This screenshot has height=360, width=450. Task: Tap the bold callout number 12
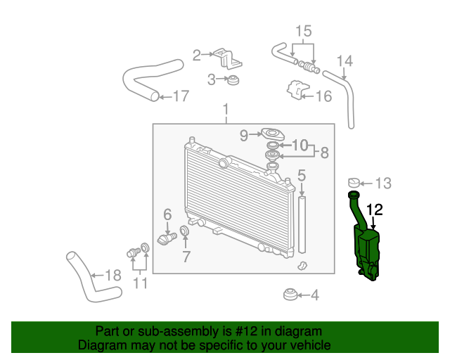(x=375, y=210)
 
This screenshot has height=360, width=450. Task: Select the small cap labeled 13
(x=354, y=183)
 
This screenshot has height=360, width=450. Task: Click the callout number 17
(x=181, y=96)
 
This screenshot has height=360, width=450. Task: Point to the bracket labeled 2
(x=228, y=58)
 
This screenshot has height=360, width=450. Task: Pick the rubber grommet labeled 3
(x=233, y=79)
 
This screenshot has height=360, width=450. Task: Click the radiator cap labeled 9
(x=272, y=134)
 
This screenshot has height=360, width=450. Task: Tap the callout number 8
(x=324, y=153)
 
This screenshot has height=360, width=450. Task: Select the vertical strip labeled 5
(x=302, y=224)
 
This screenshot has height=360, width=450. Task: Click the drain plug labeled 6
(x=167, y=239)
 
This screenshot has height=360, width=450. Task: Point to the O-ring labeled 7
(x=184, y=230)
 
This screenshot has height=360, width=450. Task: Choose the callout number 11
(x=141, y=283)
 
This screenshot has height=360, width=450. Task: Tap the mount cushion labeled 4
(x=290, y=295)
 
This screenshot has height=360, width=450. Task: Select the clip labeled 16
(x=297, y=90)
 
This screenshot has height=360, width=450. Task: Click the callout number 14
(x=345, y=61)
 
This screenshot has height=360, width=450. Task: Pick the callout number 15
(x=303, y=31)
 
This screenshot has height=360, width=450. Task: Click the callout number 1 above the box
(x=226, y=110)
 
